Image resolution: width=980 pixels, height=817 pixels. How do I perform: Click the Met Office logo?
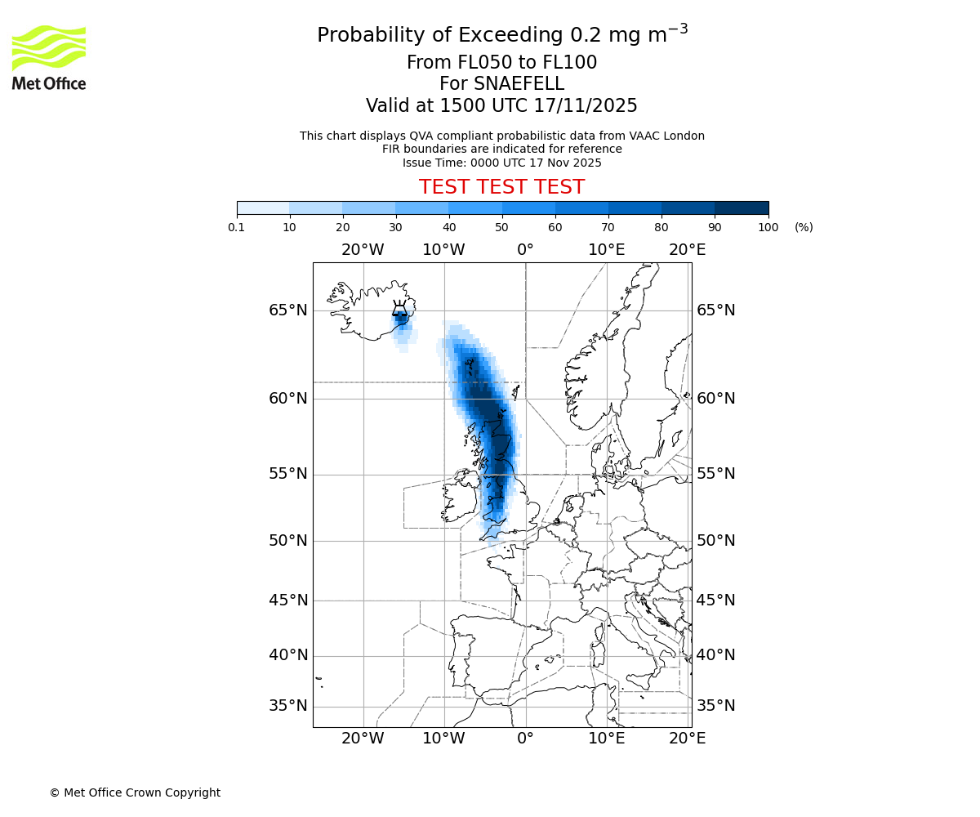click(49, 57)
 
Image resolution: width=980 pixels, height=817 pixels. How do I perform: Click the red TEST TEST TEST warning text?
click(501, 188)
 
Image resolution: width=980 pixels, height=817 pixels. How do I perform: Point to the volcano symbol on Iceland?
click(400, 309)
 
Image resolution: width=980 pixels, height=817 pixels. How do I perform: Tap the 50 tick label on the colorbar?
click(501, 228)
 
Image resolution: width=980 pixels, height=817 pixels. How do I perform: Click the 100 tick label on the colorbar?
click(768, 228)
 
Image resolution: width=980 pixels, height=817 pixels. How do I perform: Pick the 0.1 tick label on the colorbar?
click(237, 228)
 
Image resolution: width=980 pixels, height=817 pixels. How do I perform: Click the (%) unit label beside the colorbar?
click(804, 228)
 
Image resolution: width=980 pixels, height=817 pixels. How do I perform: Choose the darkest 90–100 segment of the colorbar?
click(742, 208)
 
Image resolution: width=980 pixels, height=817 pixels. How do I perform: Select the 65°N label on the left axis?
click(288, 310)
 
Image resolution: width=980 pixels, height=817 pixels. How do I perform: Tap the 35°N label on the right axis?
click(716, 706)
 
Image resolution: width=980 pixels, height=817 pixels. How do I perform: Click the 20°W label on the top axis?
click(363, 249)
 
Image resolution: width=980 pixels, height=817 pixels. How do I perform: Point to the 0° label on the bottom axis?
click(525, 739)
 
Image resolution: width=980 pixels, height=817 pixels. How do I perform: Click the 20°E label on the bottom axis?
click(688, 739)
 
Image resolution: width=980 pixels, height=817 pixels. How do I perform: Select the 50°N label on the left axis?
click(288, 541)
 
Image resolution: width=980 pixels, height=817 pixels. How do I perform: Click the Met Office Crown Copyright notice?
click(135, 792)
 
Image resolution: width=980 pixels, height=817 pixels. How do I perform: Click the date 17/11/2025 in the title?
click(586, 106)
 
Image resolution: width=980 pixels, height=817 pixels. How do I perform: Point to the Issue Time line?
click(501, 163)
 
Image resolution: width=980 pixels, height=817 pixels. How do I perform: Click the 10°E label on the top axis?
click(607, 249)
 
